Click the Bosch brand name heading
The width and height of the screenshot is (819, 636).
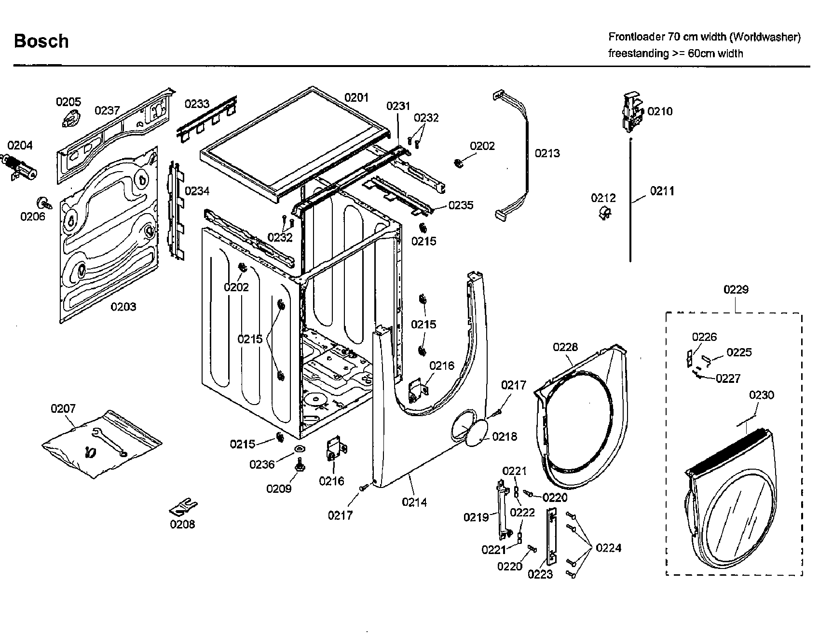41,41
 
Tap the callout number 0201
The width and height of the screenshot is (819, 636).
356,98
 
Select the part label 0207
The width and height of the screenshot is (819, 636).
63,409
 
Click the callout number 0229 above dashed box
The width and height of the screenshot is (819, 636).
736,289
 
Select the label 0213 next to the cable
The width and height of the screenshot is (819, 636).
547,153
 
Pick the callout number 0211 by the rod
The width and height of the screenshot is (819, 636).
662,191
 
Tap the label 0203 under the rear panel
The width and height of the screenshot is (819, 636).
123,307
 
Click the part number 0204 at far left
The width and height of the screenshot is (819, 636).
20,145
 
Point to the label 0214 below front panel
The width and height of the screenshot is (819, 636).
414,502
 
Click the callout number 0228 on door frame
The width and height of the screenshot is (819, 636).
565,347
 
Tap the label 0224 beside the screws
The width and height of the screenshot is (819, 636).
608,548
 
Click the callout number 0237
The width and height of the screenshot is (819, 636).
107,111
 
